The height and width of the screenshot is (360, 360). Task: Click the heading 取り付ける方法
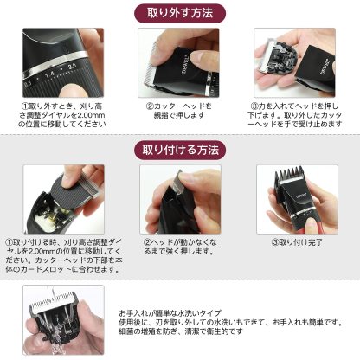coord(181,149)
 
